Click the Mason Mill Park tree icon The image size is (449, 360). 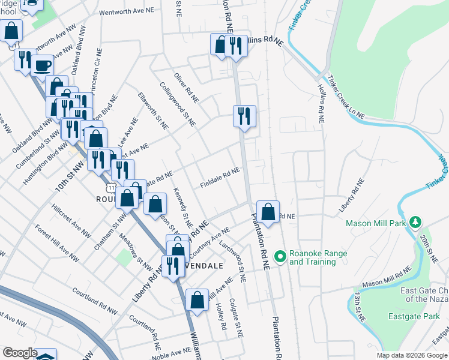[x=414, y=223]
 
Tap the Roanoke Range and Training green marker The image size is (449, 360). [x=279, y=257]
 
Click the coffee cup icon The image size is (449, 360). [x=42, y=65]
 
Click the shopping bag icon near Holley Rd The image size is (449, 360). [x=197, y=299]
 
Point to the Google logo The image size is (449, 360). [x=20, y=353]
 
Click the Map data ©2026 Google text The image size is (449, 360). [x=411, y=355]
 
